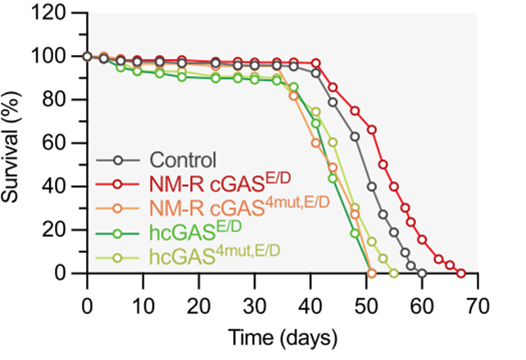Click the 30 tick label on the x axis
point(254,305)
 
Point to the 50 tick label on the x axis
point(366,305)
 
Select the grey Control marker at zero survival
point(422,273)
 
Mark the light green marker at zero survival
point(394,273)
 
